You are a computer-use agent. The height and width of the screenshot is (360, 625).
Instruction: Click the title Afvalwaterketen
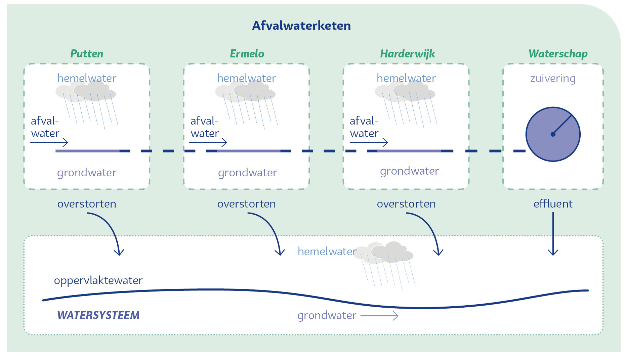(x=301, y=26)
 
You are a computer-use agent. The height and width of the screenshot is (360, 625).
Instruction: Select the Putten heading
(x=87, y=54)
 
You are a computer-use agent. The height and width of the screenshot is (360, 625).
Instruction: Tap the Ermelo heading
(x=247, y=54)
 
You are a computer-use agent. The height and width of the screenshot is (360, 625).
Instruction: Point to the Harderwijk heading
(x=407, y=54)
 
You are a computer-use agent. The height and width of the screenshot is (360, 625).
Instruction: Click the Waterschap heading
(x=558, y=54)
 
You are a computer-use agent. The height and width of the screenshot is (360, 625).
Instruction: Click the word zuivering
(x=553, y=79)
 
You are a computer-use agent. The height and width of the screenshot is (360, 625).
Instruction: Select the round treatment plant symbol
(x=553, y=134)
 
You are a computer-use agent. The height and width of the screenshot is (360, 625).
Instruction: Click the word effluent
(x=553, y=204)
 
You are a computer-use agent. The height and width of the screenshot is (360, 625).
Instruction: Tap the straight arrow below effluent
(x=553, y=235)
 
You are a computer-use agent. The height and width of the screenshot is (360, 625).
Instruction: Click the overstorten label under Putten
(x=87, y=204)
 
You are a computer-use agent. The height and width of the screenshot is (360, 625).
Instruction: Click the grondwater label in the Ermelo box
(x=247, y=173)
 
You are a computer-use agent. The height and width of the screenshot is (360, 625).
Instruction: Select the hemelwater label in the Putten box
(x=87, y=78)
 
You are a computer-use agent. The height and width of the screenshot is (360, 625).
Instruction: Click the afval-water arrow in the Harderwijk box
(x=369, y=142)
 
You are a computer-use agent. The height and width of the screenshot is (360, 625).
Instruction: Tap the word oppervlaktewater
(x=98, y=280)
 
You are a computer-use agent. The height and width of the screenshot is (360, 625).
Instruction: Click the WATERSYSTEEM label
(x=98, y=315)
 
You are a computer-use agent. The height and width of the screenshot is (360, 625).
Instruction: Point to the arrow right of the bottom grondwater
(x=379, y=316)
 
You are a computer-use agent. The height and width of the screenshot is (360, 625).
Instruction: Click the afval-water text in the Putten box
(x=45, y=127)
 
